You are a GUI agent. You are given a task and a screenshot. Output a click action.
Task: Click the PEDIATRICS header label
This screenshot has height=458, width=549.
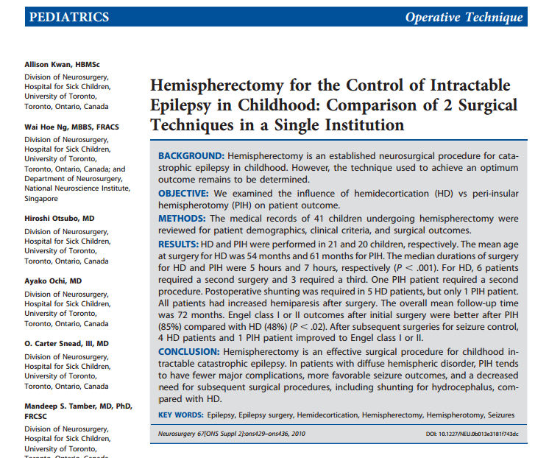tap(68, 17)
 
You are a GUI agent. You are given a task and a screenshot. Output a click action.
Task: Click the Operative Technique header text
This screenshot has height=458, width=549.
tap(464, 17)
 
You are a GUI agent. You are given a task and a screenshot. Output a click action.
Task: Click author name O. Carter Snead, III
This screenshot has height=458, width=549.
tap(66, 343)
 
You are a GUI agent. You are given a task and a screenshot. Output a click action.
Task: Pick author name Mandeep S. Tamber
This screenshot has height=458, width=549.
tap(70, 405)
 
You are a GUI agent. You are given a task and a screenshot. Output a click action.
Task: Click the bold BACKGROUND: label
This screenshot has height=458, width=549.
tap(192, 156)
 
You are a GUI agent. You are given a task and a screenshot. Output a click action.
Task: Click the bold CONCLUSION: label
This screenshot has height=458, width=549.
tap(191, 352)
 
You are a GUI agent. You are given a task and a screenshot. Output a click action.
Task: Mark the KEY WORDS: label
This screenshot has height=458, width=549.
tap(180, 415)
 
